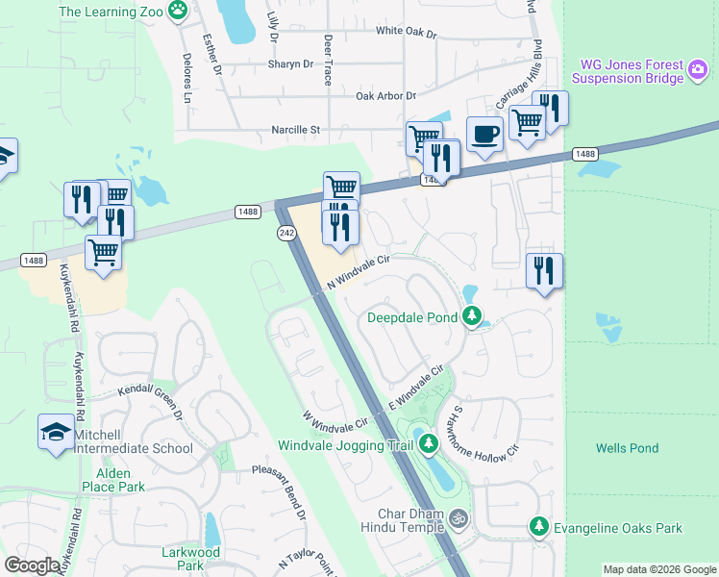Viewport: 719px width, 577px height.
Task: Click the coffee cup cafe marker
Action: point(483,134)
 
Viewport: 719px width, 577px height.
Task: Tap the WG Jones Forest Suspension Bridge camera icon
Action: point(699,69)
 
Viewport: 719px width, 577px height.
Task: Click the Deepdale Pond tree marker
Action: point(472,315)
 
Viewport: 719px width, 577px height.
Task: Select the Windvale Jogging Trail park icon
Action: point(428,444)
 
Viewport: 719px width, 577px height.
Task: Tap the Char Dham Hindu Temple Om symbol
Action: point(459,517)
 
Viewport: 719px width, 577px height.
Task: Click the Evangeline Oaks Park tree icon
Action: point(539,527)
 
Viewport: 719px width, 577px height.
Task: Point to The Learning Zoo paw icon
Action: point(178,11)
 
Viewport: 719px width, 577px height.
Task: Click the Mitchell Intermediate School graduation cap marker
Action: point(55,432)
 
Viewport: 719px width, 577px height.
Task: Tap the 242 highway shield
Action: point(285,233)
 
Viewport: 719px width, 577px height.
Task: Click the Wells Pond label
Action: point(627,448)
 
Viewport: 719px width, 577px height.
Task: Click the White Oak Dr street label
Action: point(406,32)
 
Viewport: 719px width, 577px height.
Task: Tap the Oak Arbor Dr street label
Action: point(385,96)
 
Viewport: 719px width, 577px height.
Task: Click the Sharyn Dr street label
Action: point(290,64)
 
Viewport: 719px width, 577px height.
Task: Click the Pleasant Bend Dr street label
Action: point(279,493)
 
